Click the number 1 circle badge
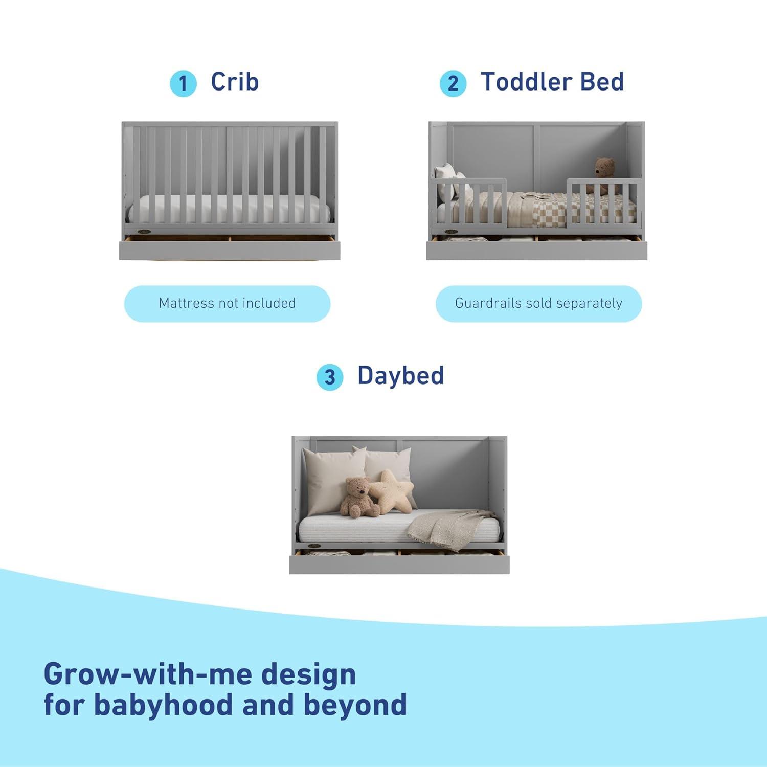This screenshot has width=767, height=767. pos(183,83)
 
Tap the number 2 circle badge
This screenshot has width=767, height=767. pos(453,83)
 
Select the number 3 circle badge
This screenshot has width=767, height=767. pos(330,377)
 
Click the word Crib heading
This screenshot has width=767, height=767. pos(235,82)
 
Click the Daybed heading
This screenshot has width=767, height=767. pos(400,375)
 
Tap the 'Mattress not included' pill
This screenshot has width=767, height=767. pos(227,303)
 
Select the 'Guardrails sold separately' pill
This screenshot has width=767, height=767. pos(538,303)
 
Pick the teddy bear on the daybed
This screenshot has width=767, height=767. pos(359,497)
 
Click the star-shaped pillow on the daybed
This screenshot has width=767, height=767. pos(391,491)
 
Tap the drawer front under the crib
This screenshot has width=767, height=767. pos(230,251)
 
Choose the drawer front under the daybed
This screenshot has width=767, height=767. pos(399,565)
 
